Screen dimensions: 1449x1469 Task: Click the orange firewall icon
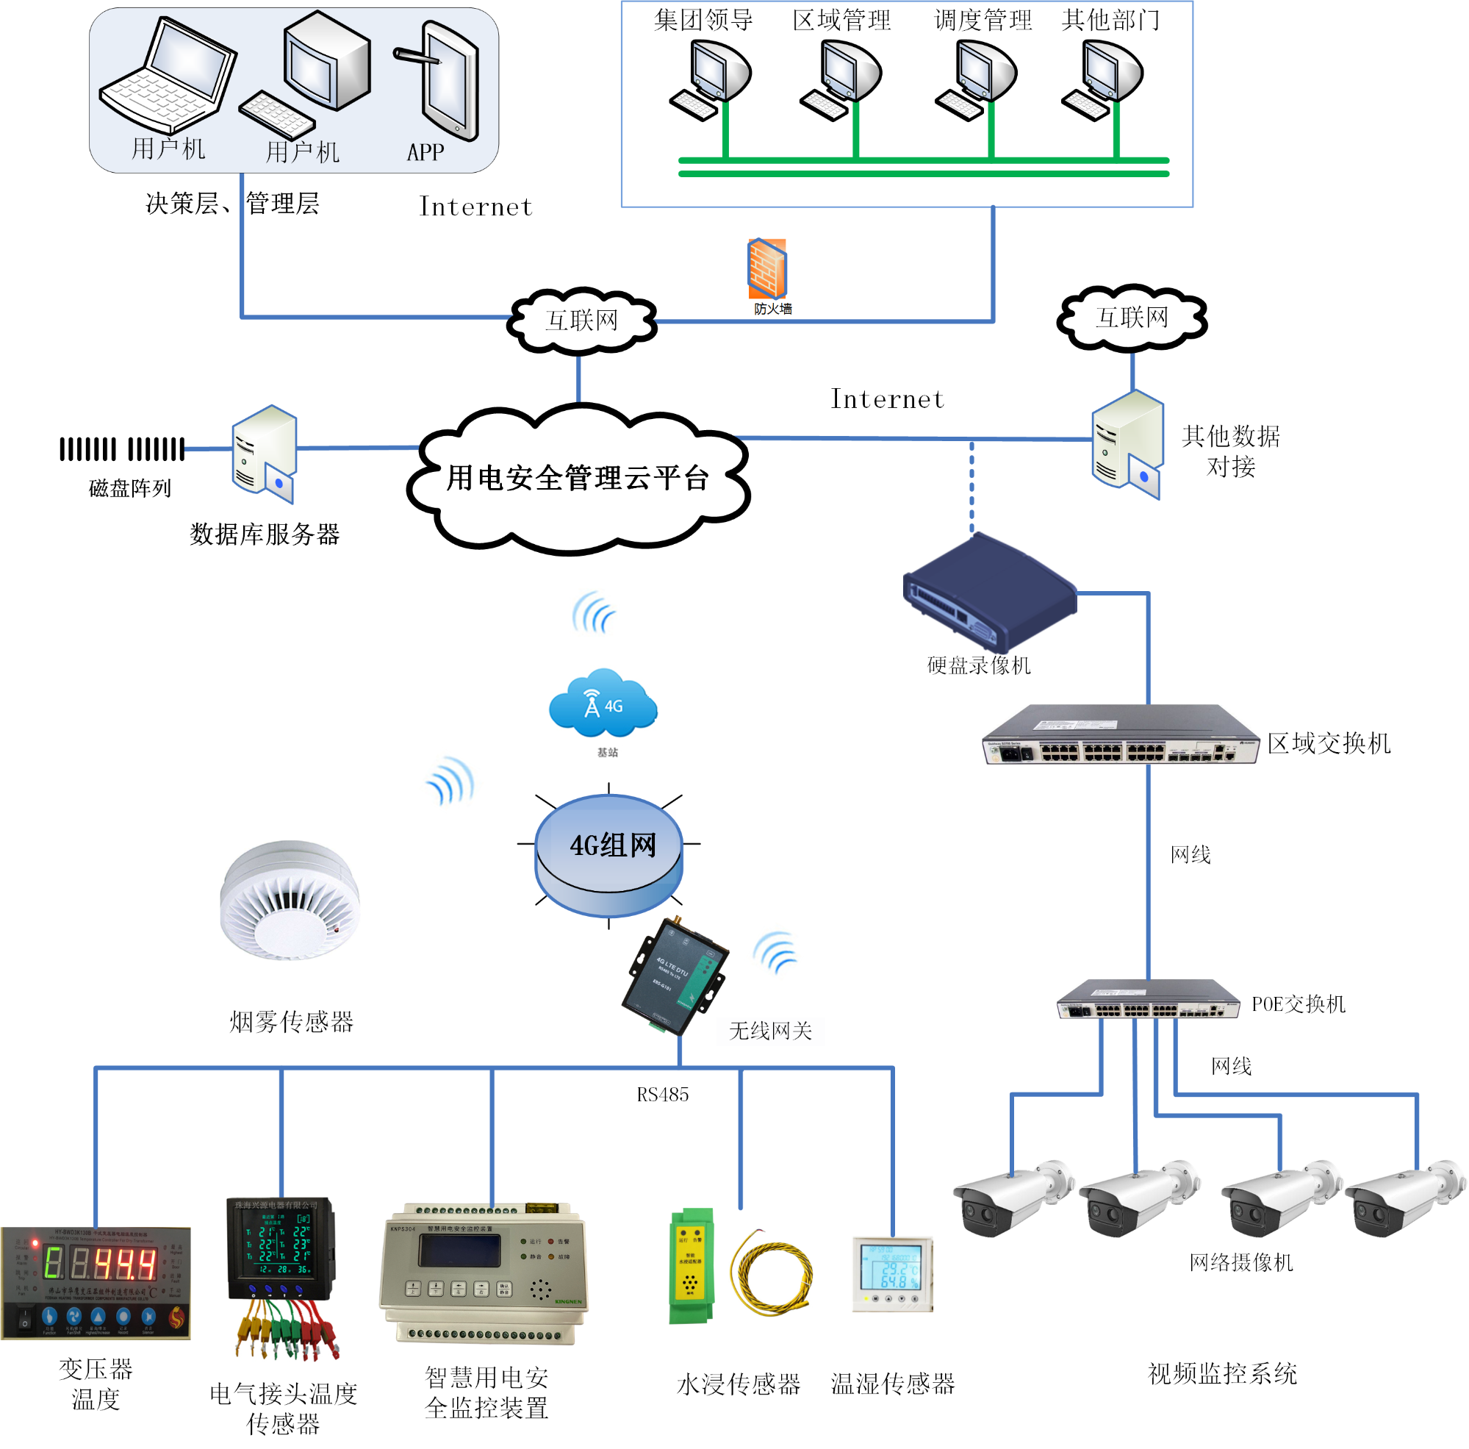tap(766, 268)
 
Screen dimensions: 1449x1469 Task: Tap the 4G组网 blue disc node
tap(608, 854)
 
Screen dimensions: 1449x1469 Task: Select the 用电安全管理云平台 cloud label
tap(578, 478)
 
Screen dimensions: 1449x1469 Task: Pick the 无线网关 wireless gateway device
tap(675, 976)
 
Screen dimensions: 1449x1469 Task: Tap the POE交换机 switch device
tap(1148, 1000)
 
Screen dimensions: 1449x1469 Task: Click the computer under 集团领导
tap(711, 79)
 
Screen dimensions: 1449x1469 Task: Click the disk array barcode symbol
tap(122, 448)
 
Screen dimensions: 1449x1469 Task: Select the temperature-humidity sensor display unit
tap(893, 1273)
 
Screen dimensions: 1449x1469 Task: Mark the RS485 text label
tap(662, 1095)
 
